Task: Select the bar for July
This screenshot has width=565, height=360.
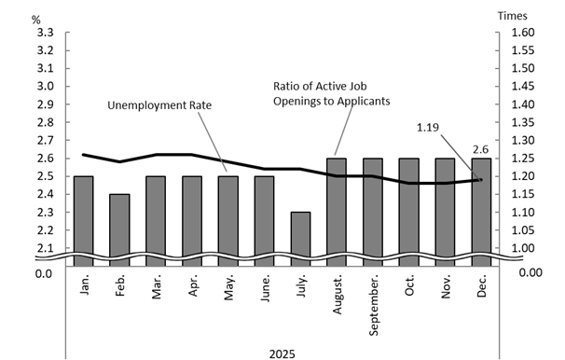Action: (299, 235)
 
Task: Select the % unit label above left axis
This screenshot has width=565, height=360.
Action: (35, 17)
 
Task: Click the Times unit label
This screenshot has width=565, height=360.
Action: (512, 15)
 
